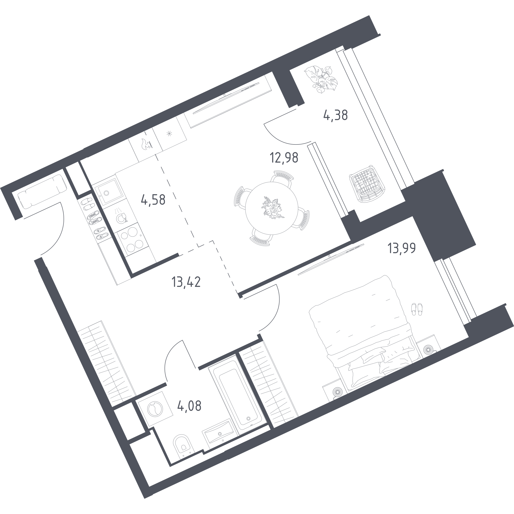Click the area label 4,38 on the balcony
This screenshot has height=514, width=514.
click(336, 116)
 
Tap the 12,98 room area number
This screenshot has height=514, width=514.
click(284, 158)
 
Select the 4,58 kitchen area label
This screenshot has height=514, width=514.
click(153, 200)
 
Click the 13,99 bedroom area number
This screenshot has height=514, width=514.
click(402, 248)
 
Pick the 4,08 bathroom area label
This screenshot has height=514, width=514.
click(189, 406)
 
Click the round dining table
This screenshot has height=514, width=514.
click(271, 208)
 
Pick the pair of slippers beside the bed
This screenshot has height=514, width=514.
click(417, 309)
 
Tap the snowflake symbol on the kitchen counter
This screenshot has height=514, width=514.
click(169, 134)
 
